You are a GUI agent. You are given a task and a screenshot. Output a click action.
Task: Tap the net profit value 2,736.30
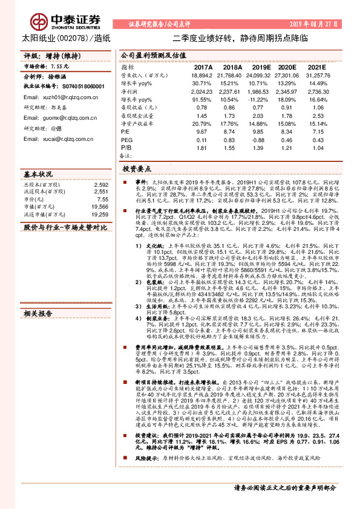[319, 90]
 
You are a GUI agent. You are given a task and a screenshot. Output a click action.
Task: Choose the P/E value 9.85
[260, 130]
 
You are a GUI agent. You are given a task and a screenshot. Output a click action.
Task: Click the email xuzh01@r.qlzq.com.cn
[52, 97]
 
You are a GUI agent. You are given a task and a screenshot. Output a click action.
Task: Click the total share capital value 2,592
[102, 184]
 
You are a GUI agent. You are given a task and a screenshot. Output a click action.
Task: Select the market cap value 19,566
[100, 206]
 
